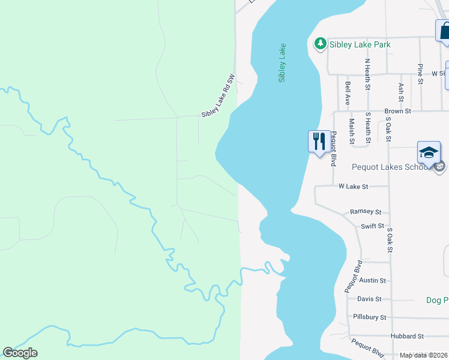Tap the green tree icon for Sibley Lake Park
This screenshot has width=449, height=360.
coord(321,43)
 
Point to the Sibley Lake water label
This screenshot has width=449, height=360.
coord(282,62)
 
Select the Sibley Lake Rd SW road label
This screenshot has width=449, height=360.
coord(217,95)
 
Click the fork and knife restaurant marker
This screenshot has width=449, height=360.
coord(319,142)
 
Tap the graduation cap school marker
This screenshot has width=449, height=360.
coord(429,152)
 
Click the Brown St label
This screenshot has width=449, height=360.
coord(397,111)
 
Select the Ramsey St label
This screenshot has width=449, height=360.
coord(366,212)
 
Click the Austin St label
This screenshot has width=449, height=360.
coord(372,280)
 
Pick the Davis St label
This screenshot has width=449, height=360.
coord(369,299)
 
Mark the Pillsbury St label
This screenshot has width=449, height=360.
coord(370,317)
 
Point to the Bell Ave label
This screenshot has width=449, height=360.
coord(348,94)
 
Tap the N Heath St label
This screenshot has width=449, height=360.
coord(367,71)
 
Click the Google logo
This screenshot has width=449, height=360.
coord(20,353)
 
